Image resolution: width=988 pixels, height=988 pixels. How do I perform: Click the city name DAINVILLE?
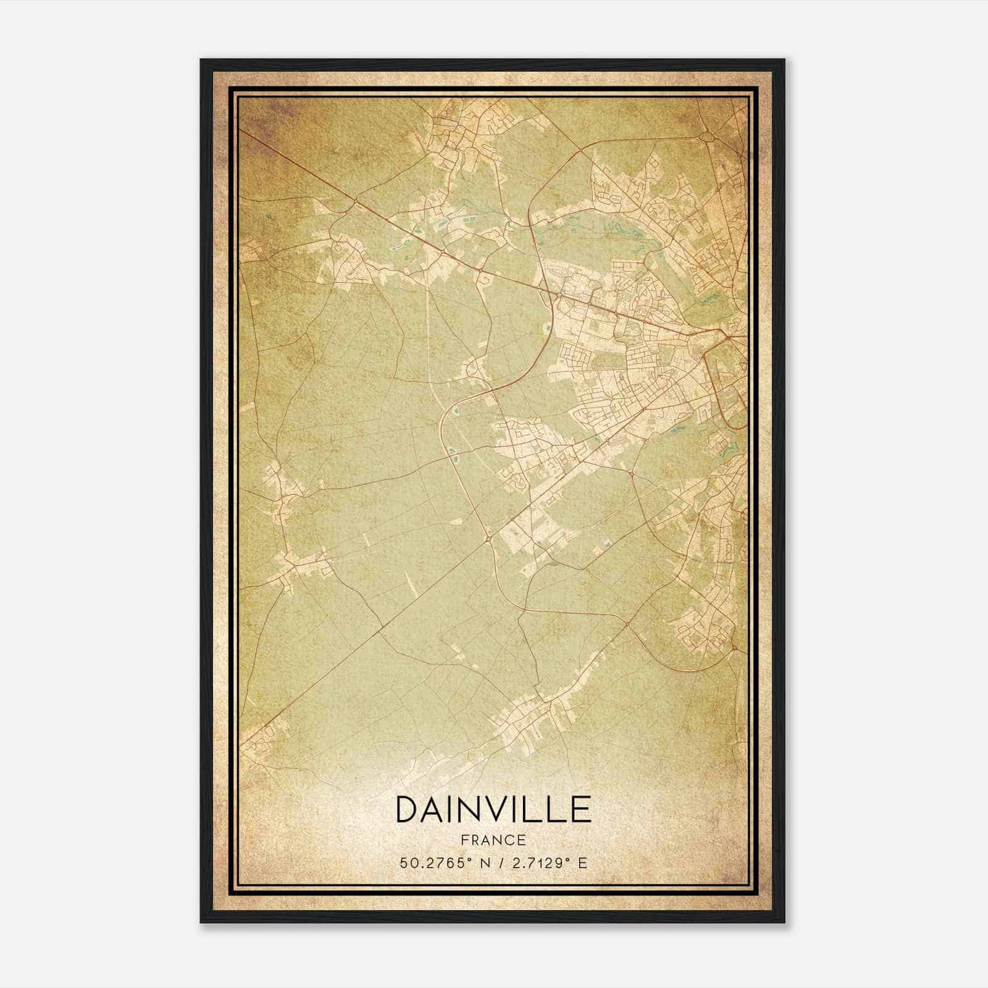click(x=493, y=810)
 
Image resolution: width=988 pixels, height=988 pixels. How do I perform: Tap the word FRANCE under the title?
click(x=493, y=840)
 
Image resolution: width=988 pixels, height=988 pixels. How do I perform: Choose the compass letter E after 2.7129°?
click(x=582, y=863)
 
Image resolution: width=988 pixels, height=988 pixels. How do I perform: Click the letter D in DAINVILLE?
click(x=408, y=810)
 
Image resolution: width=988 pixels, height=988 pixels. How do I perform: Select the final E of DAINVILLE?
click(x=581, y=810)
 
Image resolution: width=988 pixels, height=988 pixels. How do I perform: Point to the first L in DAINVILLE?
click(x=538, y=810)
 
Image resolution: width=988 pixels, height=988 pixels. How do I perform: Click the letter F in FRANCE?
click(x=464, y=840)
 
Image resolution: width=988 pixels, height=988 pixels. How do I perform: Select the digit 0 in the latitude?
click(x=412, y=863)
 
